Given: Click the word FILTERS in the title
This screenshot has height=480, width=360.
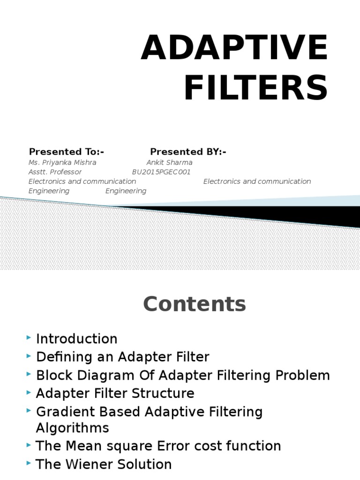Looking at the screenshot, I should tap(255, 89).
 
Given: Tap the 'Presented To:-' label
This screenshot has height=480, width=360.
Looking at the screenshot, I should tap(67, 152).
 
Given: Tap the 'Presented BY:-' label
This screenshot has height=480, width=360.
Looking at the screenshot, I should tap(188, 152).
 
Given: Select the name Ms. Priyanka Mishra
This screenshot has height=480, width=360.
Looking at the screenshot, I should tap(62, 162).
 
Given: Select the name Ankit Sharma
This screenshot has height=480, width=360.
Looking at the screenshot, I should tap(169, 162).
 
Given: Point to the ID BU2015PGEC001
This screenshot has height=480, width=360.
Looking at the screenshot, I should tap(161, 172).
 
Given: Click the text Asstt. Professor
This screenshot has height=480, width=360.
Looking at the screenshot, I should tap(55, 172).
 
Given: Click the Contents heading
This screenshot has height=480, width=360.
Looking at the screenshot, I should tap(194, 304).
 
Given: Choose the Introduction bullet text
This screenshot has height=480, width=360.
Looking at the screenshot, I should tap(77, 339).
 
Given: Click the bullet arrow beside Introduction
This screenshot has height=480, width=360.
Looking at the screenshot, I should tap(30, 337).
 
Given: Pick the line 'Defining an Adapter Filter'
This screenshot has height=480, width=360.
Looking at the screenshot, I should tap(123, 357).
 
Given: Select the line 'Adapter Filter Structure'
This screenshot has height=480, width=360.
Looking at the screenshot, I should tap(115, 393).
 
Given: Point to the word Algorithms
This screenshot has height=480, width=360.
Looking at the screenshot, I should tap(73, 427).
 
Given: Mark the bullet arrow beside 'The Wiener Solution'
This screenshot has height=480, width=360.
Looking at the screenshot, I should tap(30, 463).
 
